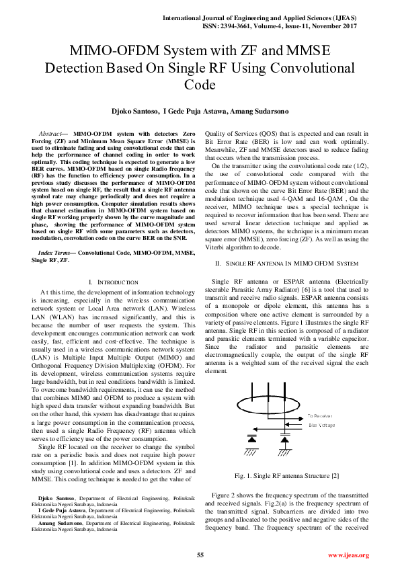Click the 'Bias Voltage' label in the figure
click(x=321, y=425)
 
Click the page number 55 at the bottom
click(x=200, y=555)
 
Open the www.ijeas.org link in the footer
click(x=348, y=555)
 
